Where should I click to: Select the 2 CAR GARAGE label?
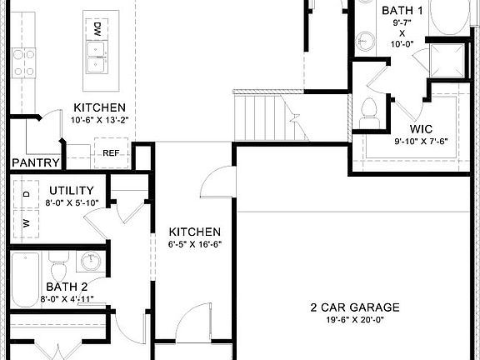point(359,306)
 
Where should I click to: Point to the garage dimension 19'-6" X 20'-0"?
point(359,319)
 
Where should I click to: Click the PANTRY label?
point(36,163)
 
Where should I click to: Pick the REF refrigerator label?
point(112,153)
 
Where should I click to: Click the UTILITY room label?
point(69,191)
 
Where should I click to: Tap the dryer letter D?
point(25,194)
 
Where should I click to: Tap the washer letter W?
point(25,222)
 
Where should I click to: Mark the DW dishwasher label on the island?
point(97,29)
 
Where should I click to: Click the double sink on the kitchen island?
point(98,59)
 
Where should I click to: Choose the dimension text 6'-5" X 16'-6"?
point(194,245)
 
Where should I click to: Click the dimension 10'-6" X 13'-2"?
point(99,121)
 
